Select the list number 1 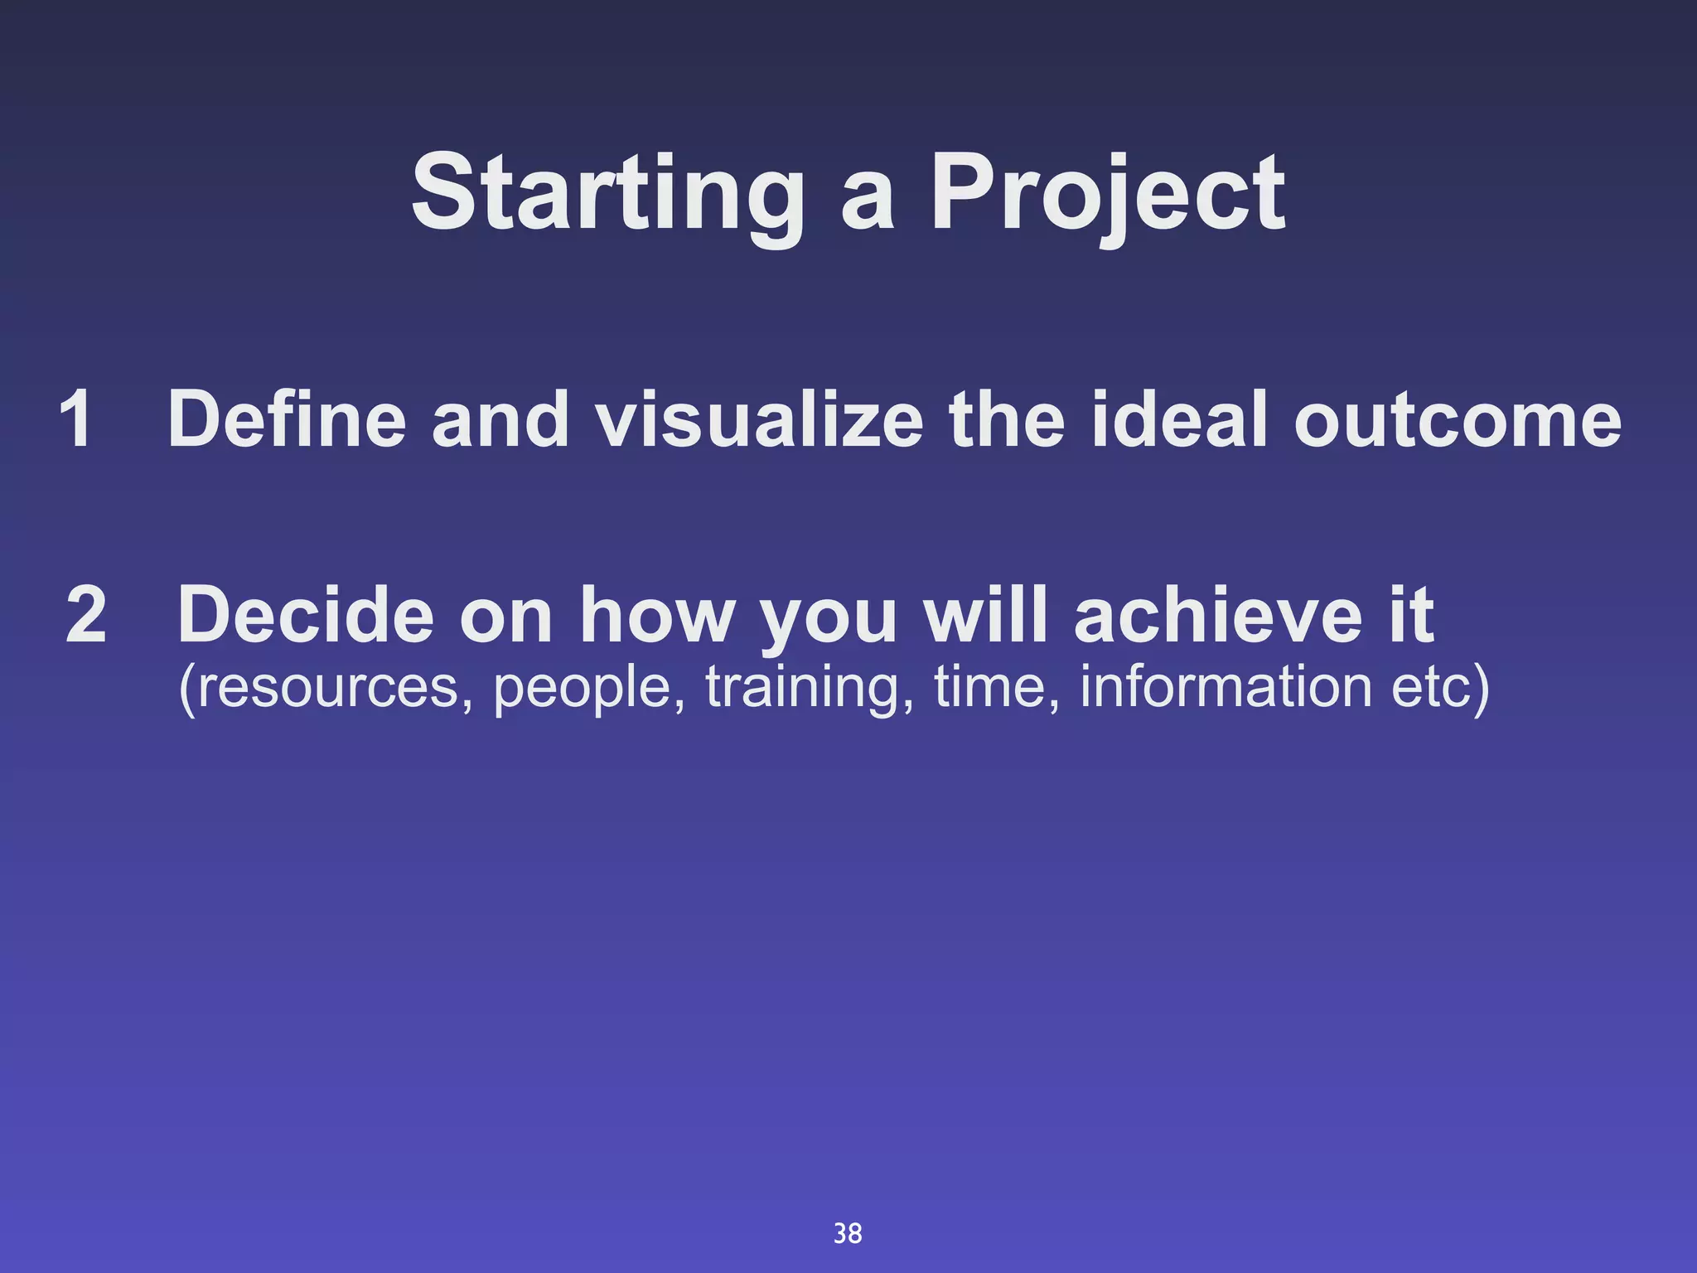tap(75, 419)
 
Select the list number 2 tap(86, 615)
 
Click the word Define tap(287, 419)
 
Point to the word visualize tap(760, 419)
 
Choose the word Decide tap(306, 615)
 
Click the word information tap(1226, 688)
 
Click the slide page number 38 tap(847, 1233)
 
